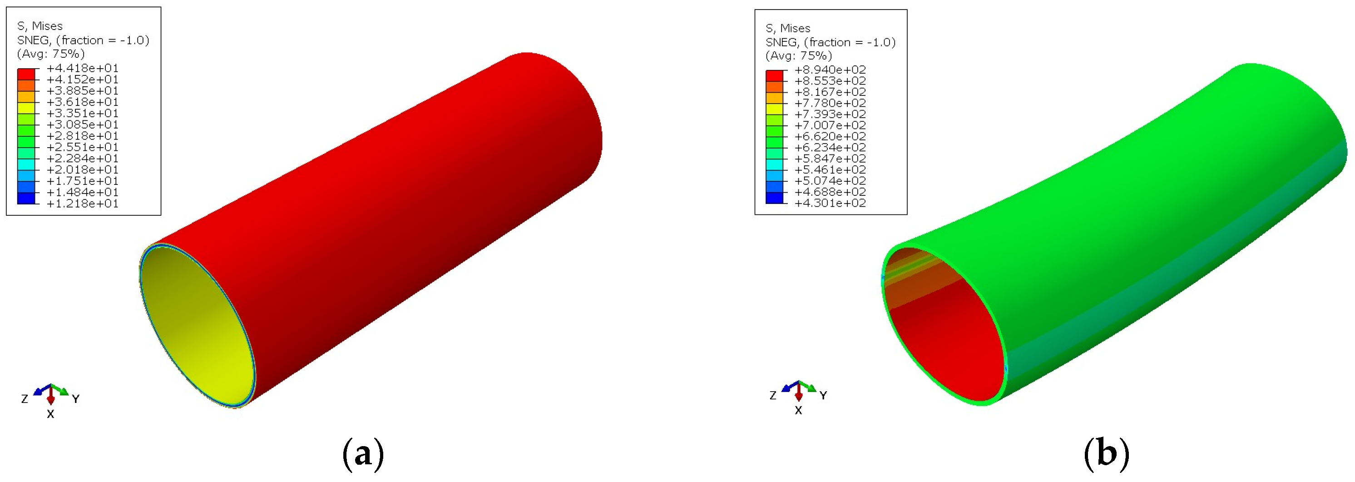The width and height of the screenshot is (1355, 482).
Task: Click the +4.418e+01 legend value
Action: pyautogui.click(x=83, y=69)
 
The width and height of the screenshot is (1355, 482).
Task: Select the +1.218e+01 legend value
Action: pyautogui.click(x=83, y=204)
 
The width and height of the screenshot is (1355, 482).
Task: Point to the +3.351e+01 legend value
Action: pyautogui.click(x=83, y=114)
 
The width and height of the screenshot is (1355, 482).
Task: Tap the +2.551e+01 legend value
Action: pyautogui.click(x=83, y=147)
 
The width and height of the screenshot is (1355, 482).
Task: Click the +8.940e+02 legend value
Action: pyautogui.click(x=830, y=70)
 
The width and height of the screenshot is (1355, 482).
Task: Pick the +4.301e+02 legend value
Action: pyautogui.click(x=830, y=203)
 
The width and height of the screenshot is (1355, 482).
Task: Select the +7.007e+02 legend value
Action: pyautogui.click(x=830, y=125)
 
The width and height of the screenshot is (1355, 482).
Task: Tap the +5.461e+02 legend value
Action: pyautogui.click(x=830, y=170)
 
